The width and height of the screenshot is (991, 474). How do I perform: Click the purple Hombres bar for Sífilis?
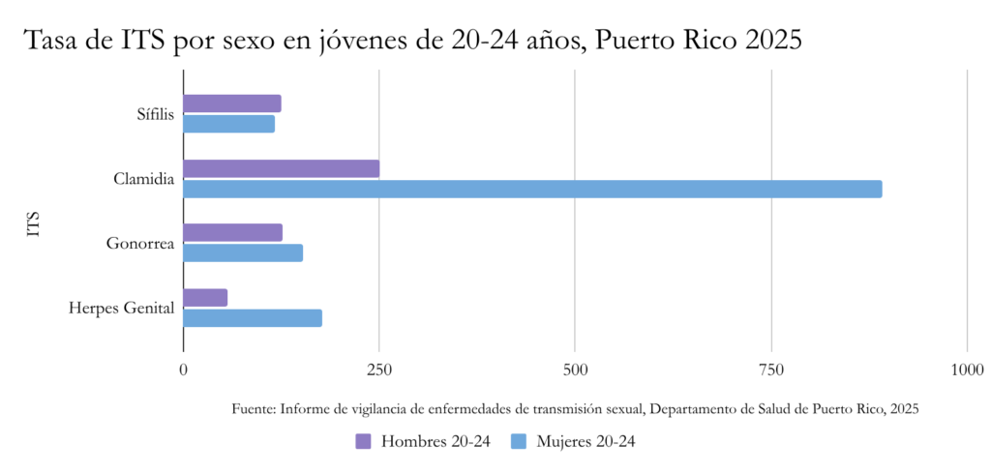[x=231, y=104]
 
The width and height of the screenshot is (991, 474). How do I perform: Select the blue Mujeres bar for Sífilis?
[x=228, y=124]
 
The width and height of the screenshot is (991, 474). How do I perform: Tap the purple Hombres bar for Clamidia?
[x=281, y=168]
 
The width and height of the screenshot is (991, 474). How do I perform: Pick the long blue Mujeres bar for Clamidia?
[x=532, y=189]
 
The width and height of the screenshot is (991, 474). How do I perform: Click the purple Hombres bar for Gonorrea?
[x=232, y=232]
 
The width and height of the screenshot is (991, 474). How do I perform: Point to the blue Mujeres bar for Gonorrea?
[x=243, y=252]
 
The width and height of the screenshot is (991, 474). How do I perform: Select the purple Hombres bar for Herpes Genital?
[x=205, y=297]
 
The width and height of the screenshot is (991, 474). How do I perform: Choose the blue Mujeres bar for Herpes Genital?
[x=253, y=317]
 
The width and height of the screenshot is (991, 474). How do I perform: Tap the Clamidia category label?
[x=143, y=179]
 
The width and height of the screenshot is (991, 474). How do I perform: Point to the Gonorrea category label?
[x=140, y=244]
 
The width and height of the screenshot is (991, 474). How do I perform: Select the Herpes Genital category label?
[x=121, y=309]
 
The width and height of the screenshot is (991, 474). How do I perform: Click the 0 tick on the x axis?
[x=183, y=370]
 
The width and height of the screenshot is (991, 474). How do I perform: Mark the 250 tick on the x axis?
[x=379, y=370]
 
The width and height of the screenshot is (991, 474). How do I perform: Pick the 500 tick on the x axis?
[x=575, y=370]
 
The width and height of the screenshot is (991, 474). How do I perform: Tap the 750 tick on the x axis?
[x=771, y=370]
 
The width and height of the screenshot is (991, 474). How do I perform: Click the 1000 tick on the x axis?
[x=967, y=370]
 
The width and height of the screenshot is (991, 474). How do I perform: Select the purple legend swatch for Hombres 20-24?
[x=364, y=441]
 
